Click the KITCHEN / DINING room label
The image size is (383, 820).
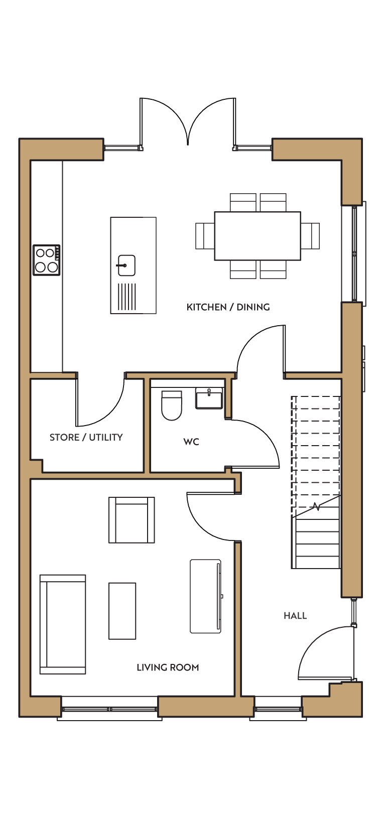click(x=228, y=307)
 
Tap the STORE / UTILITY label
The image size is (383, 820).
click(x=86, y=437)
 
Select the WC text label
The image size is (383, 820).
click(x=191, y=442)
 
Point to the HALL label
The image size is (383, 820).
click(x=295, y=616)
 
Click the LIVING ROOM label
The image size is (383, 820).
click(x=168, y=667)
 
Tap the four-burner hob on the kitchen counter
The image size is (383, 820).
click(x=47, y=260)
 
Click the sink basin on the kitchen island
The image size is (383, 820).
click(x=126, y=265)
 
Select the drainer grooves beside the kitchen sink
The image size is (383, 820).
click(x=126, y=297)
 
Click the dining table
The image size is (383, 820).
click(x=258, y=236)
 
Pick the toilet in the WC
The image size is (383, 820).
click(x=172, y=405)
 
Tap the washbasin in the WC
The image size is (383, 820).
click(x=209, y=398)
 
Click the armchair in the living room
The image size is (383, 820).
click(x=132, y=520)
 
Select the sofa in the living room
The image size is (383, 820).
click(x=63, y=624)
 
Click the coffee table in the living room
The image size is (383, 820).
click(x=122, y=611)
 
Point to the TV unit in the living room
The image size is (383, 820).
click(x=206, y=596)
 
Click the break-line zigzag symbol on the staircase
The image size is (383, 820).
click(x=316, y=507)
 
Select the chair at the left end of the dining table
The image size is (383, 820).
click(x=205, y=236)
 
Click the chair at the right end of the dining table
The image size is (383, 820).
click(x=310, y=236)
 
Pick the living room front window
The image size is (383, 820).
click(x=109, y=709)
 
